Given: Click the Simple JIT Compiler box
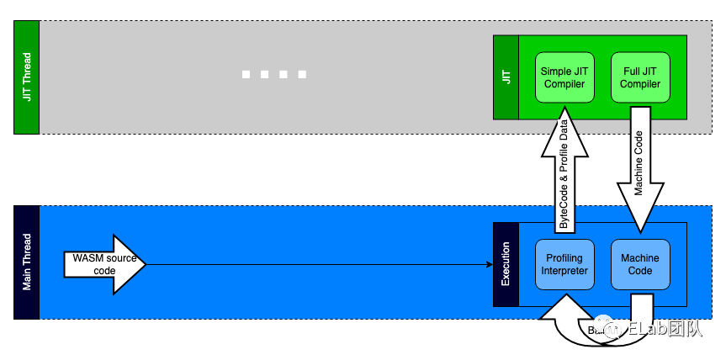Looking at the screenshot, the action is [x=564, y=77].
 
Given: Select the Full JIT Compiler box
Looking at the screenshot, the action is [x=640, y=77].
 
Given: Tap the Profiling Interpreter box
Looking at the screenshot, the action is [x=564, y=264].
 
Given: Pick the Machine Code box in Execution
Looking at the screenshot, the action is [x=640, y=264].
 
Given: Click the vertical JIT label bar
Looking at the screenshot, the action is [x=506, y=77].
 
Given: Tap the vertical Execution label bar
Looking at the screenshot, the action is [x=506, y=264].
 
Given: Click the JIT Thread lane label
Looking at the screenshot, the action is [x=27, y=77].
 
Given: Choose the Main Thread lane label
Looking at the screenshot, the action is [x=27, y=262].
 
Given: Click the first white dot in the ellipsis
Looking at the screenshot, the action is [x=246, y=75].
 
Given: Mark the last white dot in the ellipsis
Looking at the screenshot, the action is [x=302, y=75].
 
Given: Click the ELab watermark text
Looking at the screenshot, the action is [x=665, y=328].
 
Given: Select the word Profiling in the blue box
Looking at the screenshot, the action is [x=564, y=257].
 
